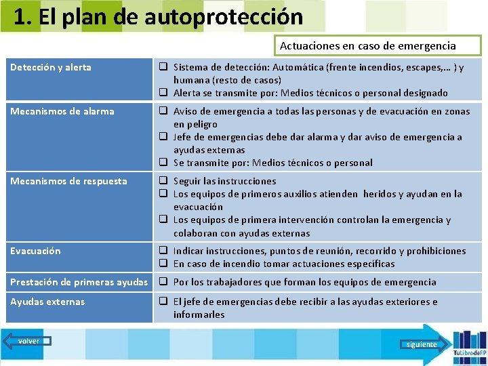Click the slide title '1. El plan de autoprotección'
pos(157,17)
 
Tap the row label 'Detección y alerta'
pos(51,67)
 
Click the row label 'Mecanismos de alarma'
pos(62,111)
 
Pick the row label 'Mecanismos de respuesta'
pos(68,181)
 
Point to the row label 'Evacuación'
pos(35,251)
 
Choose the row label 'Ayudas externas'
pos(47,302)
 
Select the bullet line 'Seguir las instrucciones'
pos(224,181)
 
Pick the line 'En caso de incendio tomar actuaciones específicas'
pos(283,264)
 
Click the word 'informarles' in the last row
pos(199,314)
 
